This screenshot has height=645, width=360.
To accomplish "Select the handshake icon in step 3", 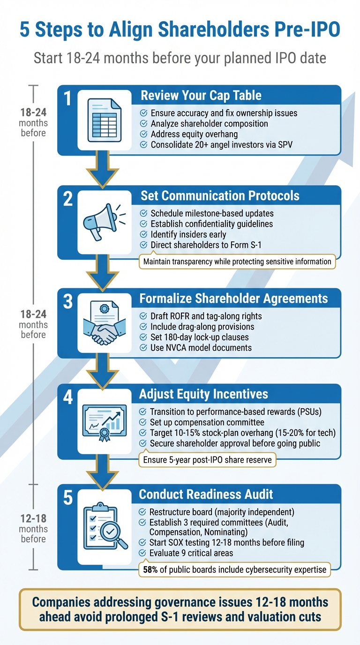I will [x=104, y=323].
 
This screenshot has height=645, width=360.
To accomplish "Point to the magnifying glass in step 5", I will [x=116, y=537].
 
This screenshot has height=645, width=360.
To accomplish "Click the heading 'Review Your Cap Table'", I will [x=201, y=96].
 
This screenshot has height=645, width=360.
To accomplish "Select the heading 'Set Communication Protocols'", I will [x=220, y=196].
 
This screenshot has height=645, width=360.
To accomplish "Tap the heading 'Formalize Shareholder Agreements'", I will [x=233, y=299].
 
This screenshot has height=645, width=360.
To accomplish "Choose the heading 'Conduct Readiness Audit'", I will [x=206, y=495].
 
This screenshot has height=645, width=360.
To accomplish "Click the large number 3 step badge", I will [x=68, y=302].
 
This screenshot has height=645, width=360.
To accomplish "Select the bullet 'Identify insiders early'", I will [x=188, y=234].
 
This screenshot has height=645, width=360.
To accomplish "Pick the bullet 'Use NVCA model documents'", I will [x=201, y=347].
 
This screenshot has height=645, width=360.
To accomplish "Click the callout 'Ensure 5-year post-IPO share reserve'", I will [x=207, y=460].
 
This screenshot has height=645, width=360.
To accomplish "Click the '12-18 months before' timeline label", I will [x=33, y=529].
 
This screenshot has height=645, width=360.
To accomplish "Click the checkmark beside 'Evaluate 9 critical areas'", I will [x=143, y=553].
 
